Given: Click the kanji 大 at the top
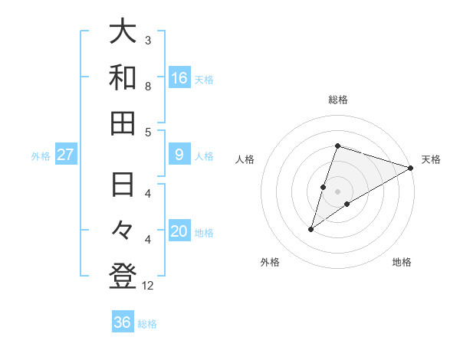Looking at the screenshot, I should coord(123,32).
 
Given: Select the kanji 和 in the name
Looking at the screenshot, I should coord(123,77).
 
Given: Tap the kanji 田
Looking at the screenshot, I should coord(123,123).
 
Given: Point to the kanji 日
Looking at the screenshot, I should coord(123,186).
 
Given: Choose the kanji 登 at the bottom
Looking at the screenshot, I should coord(123,277).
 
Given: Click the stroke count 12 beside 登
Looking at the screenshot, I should coord(149,286).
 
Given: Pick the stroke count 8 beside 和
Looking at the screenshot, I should coord(148,86).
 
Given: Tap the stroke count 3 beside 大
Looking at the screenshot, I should coord(148,40).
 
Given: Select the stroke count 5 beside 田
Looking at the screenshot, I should coord(148,132).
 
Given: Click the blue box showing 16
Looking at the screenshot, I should coord(179,77).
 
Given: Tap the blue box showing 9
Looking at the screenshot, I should coord(179,155).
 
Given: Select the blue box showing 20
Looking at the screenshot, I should coord(179,231).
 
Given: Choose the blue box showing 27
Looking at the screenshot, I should coord(66,155).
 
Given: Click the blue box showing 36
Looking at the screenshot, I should coord(123,322).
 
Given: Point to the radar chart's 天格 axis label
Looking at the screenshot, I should coord(431,159).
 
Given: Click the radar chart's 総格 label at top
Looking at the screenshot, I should coord(338,100).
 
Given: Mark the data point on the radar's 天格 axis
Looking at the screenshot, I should coord(411,168).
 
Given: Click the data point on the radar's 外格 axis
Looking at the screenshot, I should coord(311,228).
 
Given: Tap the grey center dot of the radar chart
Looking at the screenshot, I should coord(338,191).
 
